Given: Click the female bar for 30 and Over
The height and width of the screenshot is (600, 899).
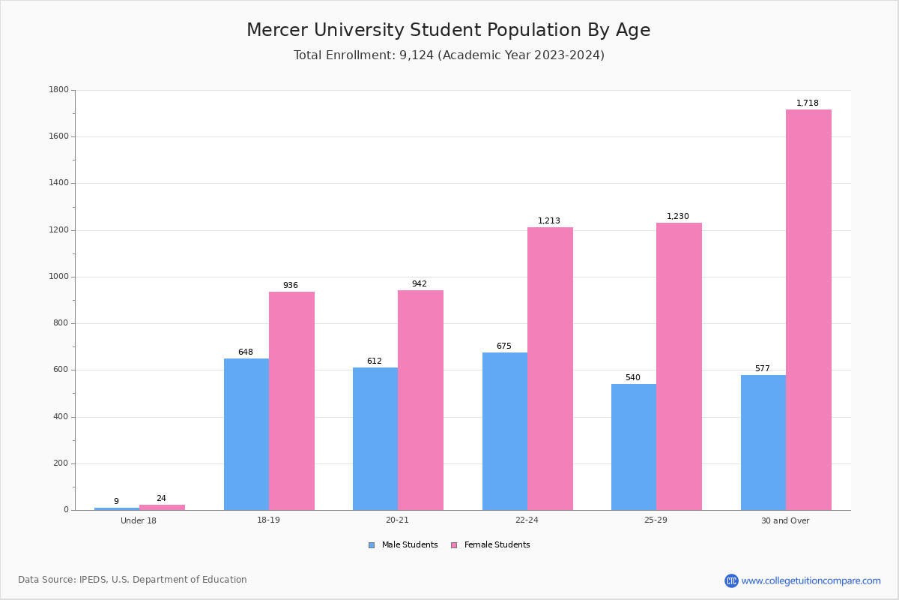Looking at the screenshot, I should click(808, 310).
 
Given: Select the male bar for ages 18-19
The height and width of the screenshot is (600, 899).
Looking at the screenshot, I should click(246, 434).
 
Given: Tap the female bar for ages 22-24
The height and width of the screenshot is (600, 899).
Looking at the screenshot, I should click(550, 368).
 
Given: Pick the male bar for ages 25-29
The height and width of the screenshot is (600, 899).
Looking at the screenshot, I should click(634, 447).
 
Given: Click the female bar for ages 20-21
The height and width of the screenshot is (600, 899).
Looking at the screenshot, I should click(420, 400).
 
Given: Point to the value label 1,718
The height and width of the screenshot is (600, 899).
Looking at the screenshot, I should click(808, 103).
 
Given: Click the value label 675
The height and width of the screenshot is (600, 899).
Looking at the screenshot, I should click(504, 346).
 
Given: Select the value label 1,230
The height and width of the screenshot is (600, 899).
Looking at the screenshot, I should click(678, 217).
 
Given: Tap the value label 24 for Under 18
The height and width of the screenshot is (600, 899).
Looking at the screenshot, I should click(161, 499).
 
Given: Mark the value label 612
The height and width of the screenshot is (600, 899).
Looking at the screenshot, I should click(375, 361).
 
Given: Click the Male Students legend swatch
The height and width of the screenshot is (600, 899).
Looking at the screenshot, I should click(372, 545).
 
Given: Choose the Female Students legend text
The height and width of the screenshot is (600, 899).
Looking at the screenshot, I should click(497, 545).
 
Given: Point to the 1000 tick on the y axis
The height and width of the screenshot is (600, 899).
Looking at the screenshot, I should click(58, 277).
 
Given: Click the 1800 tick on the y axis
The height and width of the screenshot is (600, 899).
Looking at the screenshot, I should click(58, 90).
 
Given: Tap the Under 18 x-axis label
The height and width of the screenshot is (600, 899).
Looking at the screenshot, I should click(139, 520).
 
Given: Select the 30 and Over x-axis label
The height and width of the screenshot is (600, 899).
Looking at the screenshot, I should click(785, 520).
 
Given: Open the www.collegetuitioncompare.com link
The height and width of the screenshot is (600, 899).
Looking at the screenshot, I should click(811, 580).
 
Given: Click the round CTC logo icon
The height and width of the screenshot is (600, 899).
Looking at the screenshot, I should click(731, 580).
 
